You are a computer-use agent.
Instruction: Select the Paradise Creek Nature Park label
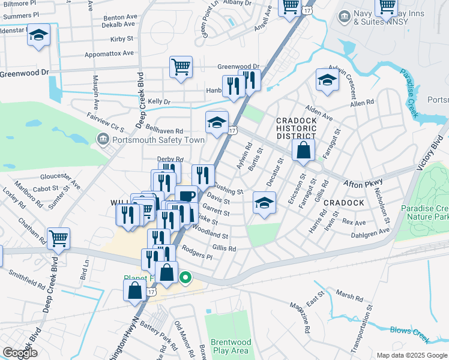coord(424,212)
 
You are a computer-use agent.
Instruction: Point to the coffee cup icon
coord(187,196)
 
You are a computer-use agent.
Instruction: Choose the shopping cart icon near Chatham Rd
coord(58,238)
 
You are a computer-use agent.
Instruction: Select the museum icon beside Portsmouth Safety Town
coord(102,140)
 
